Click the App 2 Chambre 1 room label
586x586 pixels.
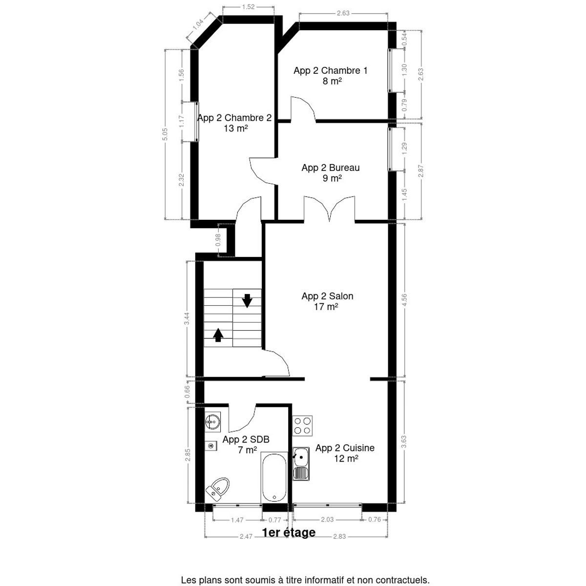point(330,70)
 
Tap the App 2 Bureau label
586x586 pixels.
point(331,167)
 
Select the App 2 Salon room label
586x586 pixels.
point(327,296)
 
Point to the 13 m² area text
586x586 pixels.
point(236,128)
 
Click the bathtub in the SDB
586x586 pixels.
point(274,477)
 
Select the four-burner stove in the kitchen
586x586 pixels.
point(303,426)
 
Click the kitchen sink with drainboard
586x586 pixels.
point(301,464)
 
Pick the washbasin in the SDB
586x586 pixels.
point(212,421)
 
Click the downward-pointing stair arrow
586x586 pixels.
point(247,300)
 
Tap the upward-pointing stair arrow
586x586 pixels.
point(218,335)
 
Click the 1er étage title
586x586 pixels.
point(289,532)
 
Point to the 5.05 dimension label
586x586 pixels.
point(165,134)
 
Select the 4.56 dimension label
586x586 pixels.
point(404,300)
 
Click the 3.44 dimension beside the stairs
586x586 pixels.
point(187,319)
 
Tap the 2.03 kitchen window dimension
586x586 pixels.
point(327,520)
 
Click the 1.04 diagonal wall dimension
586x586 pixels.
point(198,24)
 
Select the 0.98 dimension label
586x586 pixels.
point(218,240)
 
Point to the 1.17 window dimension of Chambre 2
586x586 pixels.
point(182,122)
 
